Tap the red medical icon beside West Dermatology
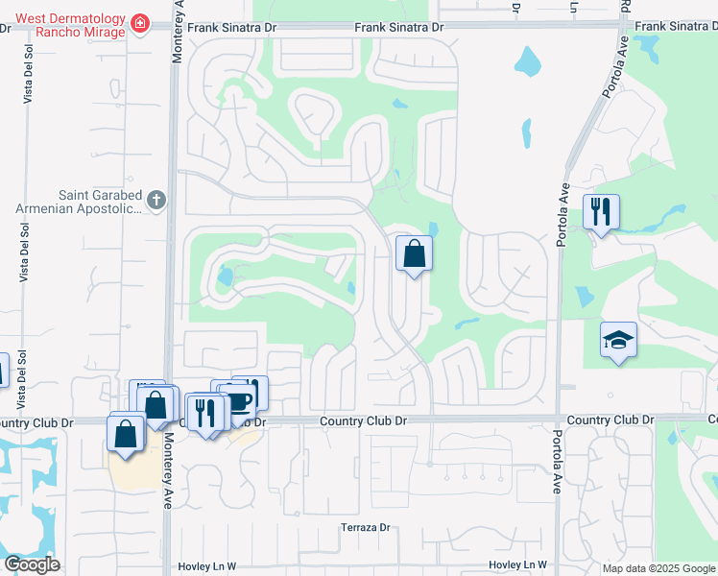[x=141, y=22]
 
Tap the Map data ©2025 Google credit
[x=658, y=568]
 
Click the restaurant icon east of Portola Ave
[x=602, y=211]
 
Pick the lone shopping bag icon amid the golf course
[x=414, y=254]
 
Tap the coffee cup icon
[x=239, y=399]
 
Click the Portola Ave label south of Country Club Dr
[x=557, y=462]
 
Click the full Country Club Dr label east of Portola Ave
[x=610, y=420]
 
